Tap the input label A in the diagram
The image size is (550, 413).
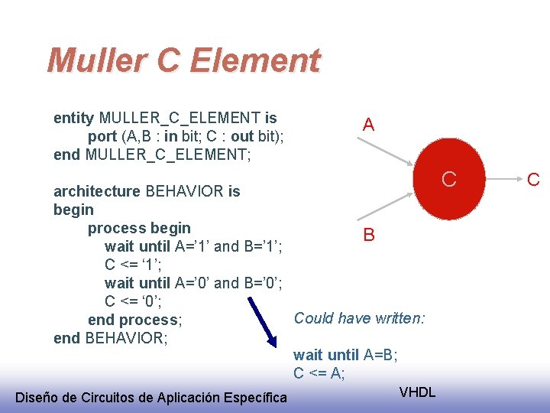tap(368, 125)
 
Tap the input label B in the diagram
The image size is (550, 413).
tap(368, 235)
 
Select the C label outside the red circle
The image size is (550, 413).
tap(533, 180)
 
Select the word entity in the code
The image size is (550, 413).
tap(73, 118)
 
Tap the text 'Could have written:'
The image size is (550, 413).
tap(360, 317)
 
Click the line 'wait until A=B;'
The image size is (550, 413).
tap(345, 355)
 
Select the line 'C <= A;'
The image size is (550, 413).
tap(319, 373)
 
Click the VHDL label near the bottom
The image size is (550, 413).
tap(417, 392)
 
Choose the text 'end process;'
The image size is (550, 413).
tap(134, 320)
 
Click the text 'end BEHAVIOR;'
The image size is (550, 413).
tap(111, 338)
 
